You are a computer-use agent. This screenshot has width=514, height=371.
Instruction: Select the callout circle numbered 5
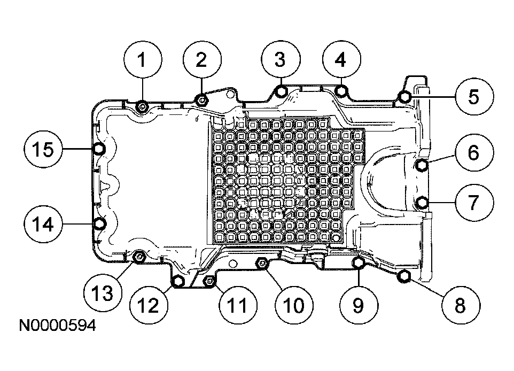tap(474, 96)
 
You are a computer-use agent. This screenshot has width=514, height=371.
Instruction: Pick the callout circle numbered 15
tap(43, 149)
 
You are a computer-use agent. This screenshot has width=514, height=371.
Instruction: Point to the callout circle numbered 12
tap(149, 305)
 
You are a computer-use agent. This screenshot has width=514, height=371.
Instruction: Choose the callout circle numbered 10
tap(294, 305)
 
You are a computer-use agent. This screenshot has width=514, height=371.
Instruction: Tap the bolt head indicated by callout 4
tap(341, 91)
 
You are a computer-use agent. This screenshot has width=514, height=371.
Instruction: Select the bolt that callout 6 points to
tap(422, 165)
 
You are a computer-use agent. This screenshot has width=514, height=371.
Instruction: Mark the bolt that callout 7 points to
tap(422, 203)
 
